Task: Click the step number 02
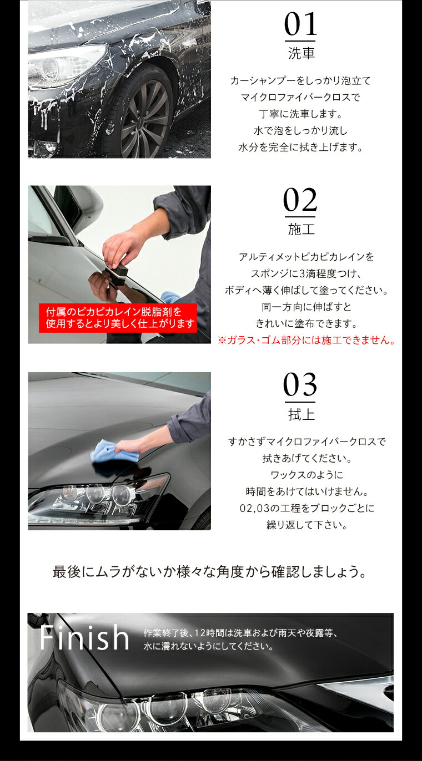pyautogui.click(x=300, y=201)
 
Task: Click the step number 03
pyautogui.click(x=300, y=385)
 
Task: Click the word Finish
pyautogui.click(x=84, y=638)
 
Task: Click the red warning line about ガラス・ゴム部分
pyautogui.click(x=307, y=340)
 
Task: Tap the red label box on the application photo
pyautogui.click(x=118, y=318)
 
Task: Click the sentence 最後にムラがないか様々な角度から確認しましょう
pyautogui.click(x=210, y=572)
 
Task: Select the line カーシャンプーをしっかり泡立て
pyautogui.click(x=300, y=81)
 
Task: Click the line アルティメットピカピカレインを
pyautogui.click(x=307, y=257)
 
